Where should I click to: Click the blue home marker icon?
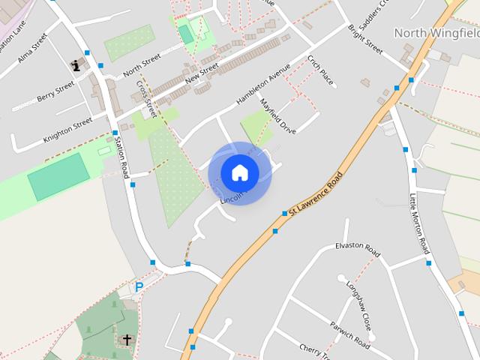pyautogui.click(x=240, y=173)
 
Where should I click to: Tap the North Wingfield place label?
pyautogui.click(x=436, y=33)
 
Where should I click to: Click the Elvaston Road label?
pyautogui.click(x=358, y=250)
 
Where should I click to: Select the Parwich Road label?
pyautogui.click(x=349, y=335)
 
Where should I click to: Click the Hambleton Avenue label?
pyautogui.click(x=262, y=87)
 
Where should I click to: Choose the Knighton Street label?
pyautogui.click(x=67, y=124)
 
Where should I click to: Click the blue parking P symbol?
pyautogui.click(x=139, y=286)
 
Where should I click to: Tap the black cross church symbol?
pyautogui.click(x=127, y=340)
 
